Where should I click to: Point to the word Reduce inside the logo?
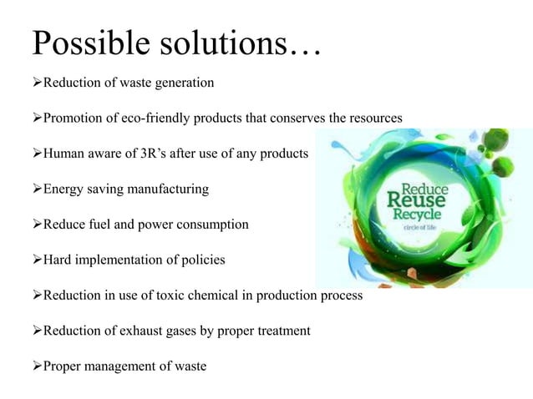coord(426,188)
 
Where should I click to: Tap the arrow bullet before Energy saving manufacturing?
coord(38,189)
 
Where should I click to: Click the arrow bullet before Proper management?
coord(38,366)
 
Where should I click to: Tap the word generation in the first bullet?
coord(181,83)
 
